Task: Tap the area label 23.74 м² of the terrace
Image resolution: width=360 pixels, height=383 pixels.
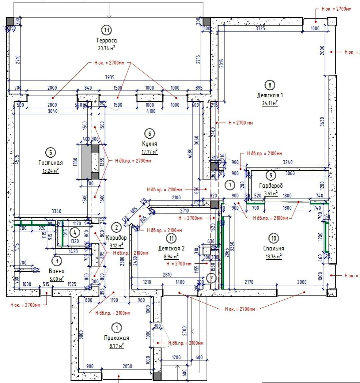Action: [x=106, y=48]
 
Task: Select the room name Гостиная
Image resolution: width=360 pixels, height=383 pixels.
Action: [x=50, y=163]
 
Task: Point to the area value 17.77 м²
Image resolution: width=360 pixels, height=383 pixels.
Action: [x=149, y=151]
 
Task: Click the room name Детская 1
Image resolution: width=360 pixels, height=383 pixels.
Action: [x=270, y=95]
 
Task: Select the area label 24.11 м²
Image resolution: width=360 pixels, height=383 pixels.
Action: [x=270, y=103]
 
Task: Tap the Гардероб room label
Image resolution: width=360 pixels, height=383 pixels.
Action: [x=271, y=185]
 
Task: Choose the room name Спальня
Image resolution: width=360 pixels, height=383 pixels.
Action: [x=273, y=248]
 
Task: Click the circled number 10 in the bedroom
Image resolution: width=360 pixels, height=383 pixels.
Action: [x=274, y=238]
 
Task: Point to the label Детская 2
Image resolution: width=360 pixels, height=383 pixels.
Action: [x=171, y=248]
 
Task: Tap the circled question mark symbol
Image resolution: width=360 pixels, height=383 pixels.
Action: [x=211, y=277]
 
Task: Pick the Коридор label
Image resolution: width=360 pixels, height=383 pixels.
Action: [x=116, y=238]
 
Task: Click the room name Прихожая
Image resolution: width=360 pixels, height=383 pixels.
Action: [x=116, y=338]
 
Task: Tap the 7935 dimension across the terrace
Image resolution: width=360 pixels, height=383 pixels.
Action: [x=109, y=77]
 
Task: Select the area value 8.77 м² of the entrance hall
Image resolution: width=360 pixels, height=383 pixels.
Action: [x=116, y=346]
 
